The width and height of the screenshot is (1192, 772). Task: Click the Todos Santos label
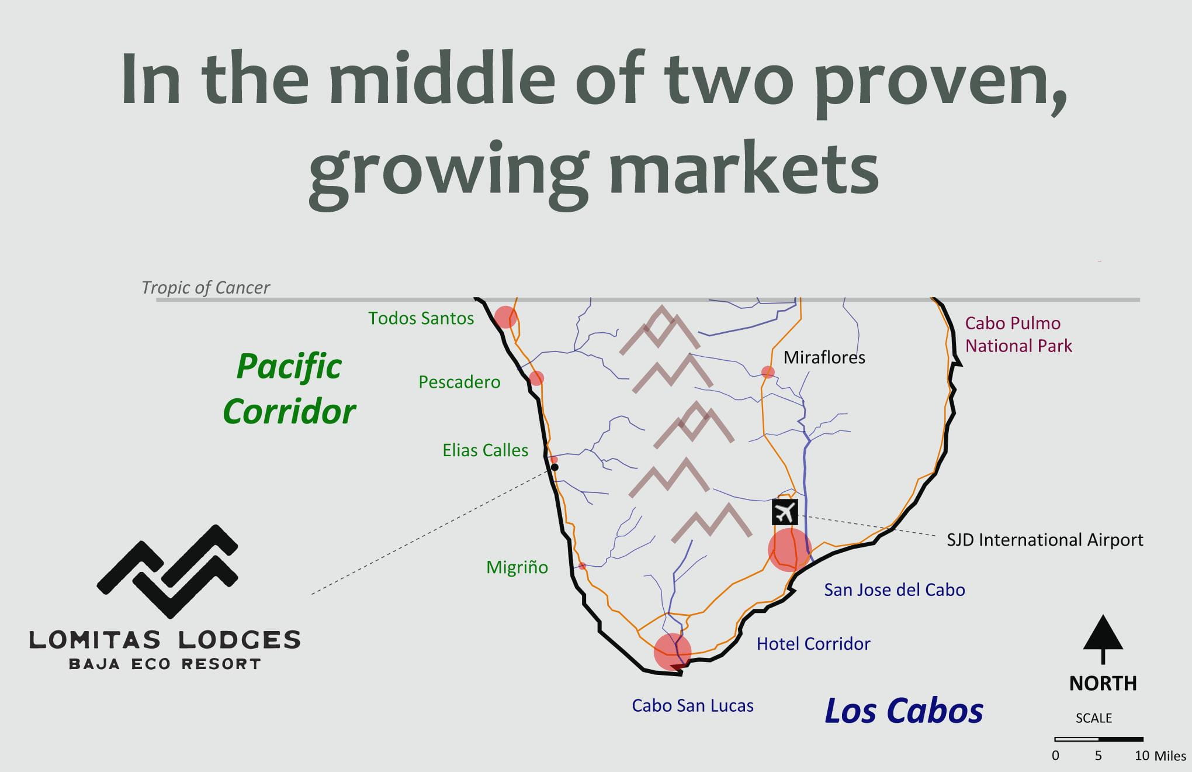point(421,318)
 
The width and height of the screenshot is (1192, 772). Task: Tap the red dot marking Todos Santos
point(505,317)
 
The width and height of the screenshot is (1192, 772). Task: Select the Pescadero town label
point(459,382)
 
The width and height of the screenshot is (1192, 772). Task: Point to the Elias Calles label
point(485,450)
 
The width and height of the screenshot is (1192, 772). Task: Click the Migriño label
point(517,567)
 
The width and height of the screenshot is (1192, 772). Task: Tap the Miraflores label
point(824,357)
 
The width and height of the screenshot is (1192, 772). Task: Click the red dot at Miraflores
point(768,372)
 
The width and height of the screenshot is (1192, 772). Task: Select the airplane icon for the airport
point(785,512)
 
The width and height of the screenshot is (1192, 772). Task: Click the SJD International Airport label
point(1045,539)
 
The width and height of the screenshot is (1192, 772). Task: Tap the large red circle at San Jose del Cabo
point(789,549)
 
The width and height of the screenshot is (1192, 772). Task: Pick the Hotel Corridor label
point(813,644)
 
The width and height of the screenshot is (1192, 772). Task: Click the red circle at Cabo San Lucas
point(673,652)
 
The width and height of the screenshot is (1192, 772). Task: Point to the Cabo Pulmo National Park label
point(1018,335)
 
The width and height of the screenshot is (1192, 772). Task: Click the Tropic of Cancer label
point(206,288)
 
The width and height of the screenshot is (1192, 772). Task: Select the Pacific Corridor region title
point(289,389)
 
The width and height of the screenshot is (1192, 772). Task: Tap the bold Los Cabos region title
point(904,711)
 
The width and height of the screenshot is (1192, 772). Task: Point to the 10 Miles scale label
point(1160,756)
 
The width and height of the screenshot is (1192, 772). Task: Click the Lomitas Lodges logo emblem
point(168,571)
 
